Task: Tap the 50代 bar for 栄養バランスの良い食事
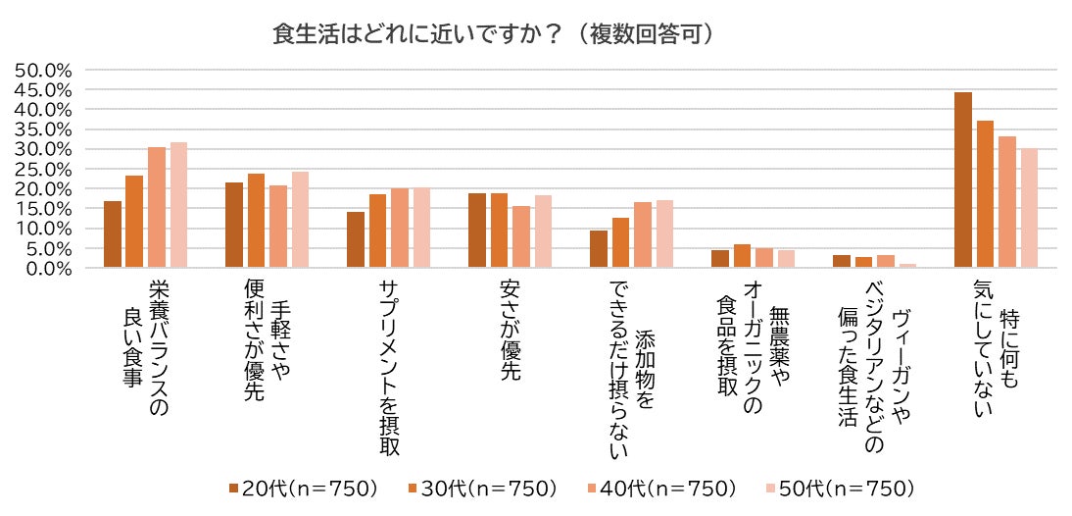point(178,205)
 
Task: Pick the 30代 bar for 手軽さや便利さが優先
point(256,221)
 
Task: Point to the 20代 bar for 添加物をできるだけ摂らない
point(598,249)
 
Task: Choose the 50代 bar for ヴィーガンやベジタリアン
point(908,266)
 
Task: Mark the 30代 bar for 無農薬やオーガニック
point(742,256)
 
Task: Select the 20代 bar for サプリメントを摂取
point(355,239)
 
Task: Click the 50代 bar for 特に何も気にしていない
point(1029,208)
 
